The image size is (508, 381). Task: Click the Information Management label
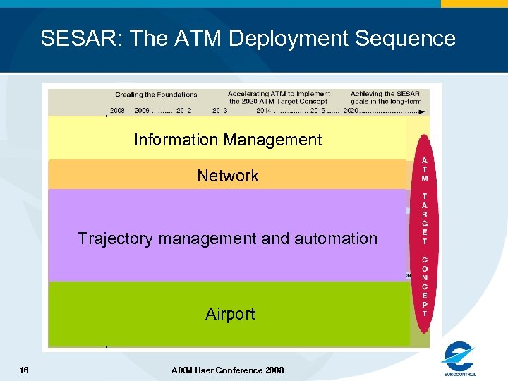pos(228,140)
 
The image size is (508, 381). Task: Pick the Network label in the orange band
pos(228,176)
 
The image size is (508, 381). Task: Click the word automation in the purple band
pos(341,238)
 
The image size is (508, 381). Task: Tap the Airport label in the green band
pos(230,314)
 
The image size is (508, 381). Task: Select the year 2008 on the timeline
pos(118,111)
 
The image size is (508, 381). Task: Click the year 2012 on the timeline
pos(183,111)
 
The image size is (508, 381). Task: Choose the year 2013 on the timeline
pos(219,111)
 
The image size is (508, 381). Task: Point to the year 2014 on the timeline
pos(264,111)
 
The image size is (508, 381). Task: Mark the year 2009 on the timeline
pos(142,111)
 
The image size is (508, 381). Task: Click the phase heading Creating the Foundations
pos(156,95)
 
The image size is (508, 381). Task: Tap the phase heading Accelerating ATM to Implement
pos(279,94)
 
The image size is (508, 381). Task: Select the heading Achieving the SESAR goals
pos(385,97)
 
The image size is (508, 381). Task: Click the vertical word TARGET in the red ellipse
pos(424,218)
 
